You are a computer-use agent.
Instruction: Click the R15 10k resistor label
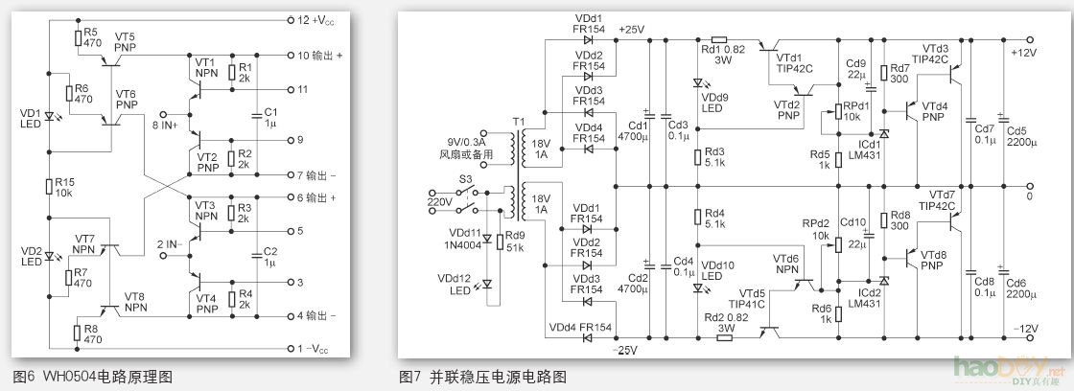tap(65, 186)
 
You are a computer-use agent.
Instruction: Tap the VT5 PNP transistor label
tap(125, 40)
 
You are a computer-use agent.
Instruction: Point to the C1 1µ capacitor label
tap(269, 117)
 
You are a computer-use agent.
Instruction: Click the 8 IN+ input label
tap(166, 124)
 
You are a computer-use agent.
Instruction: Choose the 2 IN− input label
tap(167, 245)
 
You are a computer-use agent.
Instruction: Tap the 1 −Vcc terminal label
tap(314, 348)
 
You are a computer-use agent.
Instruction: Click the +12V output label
tap(1023, 53)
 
